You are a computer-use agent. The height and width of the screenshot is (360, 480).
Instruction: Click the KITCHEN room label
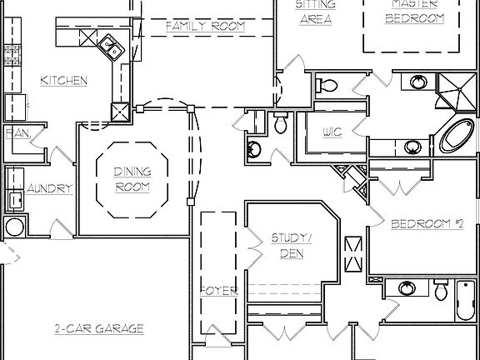tap(64, 81)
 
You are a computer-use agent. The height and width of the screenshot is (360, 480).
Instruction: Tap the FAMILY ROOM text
tap(204, 27)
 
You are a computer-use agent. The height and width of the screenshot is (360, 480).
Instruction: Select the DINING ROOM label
tap(132, 179)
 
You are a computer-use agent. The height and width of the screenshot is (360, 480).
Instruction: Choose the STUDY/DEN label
tap(292, 244)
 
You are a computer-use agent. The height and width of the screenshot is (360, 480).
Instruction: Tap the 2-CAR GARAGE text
tap(99, 327)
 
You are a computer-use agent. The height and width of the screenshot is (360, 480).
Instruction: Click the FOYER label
tap(219, 291)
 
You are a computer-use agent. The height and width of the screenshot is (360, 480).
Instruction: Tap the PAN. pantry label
tap(17, 132)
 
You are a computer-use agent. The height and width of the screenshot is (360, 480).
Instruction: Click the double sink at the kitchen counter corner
tap(108, 47)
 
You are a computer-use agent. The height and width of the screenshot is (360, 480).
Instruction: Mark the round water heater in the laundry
tap(14, 228)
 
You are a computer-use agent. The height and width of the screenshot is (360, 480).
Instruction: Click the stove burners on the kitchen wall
tap(12, 56)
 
